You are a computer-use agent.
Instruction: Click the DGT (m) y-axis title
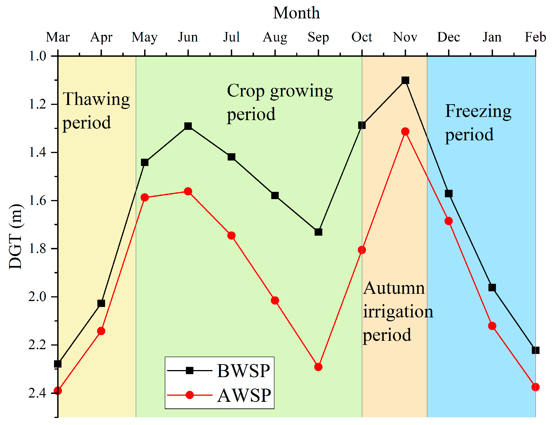click(x=16, y=236)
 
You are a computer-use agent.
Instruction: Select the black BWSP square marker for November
click(x=405, y=80)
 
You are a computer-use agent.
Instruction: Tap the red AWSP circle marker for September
click(x=318, y=367)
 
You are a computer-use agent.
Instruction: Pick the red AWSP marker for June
click(x=188, y=191)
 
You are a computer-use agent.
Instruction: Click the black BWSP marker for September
click(x=318, y=232)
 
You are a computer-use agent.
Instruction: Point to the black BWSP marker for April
click(x=101, y=303)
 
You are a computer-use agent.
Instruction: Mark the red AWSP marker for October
click(x=362, y=250)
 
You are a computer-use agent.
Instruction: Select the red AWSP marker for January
click(x=492, y=326)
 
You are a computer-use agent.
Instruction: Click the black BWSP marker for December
click(x=449, y=194)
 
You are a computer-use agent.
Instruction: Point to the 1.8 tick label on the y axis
click(x=37, y=249)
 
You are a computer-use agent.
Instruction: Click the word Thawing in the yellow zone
click(x=96, y=99)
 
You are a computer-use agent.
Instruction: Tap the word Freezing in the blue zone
click(x=478, y=111)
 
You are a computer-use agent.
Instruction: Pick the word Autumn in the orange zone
click(x=394, y=288)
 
